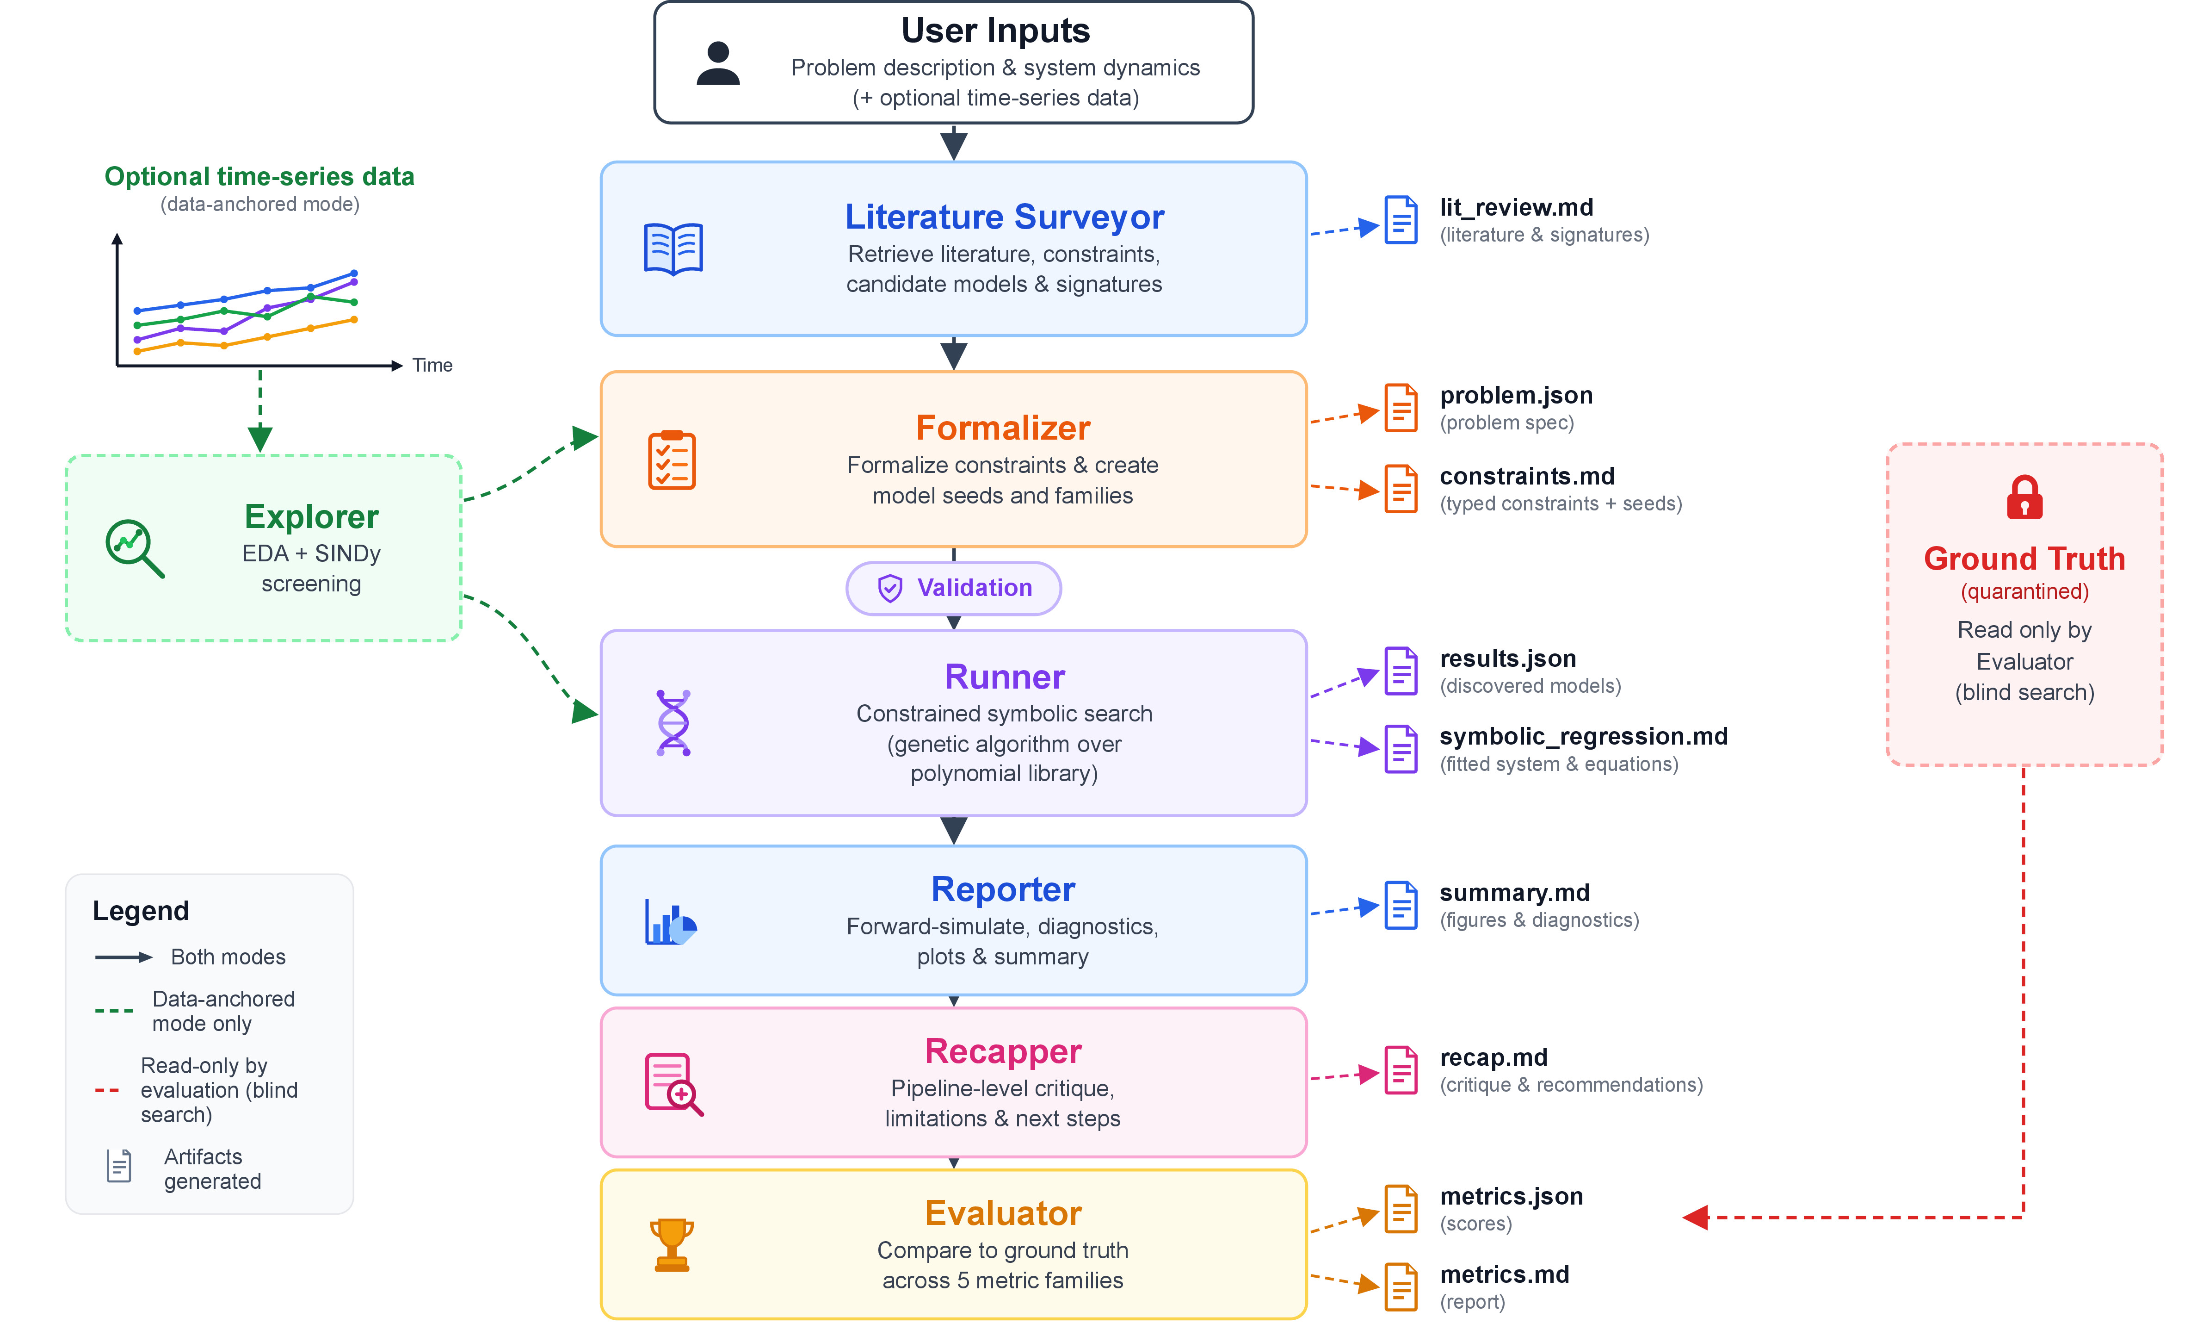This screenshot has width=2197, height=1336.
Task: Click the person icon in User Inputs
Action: [x=718, y=63]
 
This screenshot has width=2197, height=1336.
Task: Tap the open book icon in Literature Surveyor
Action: [x=673, y=249]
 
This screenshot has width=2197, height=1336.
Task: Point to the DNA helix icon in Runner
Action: [x=673, y=722]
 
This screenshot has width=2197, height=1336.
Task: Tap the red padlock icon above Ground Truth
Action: [x=2024, y=497]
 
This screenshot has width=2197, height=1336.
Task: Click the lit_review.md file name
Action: [x=1516, y=208]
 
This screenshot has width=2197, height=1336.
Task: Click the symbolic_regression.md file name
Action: [x=1584, y=737]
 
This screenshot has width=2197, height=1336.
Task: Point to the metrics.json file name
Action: [x=1512, y=1197]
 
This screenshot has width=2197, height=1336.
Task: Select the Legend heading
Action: [x=141, y=911]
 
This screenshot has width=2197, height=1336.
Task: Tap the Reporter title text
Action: [x=1003, y=889]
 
